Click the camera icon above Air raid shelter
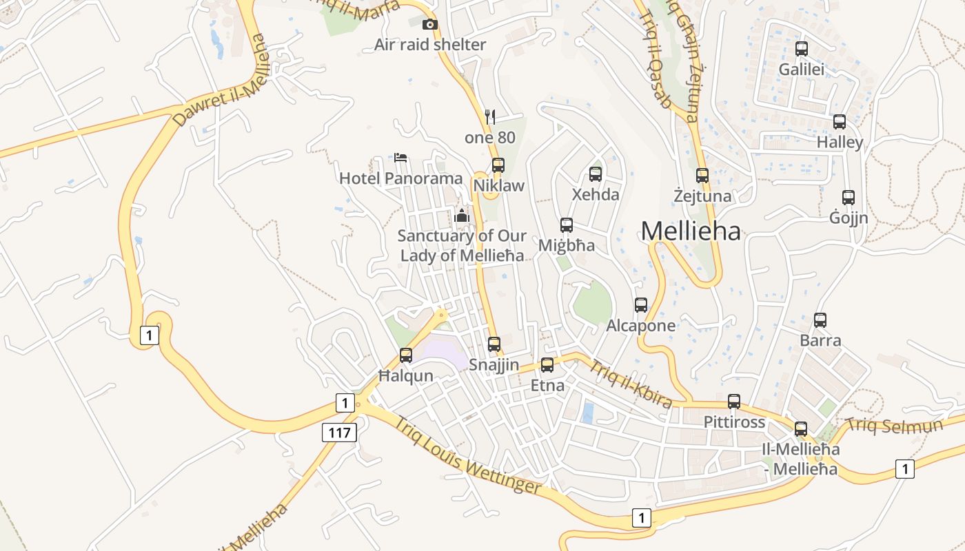[430, 25]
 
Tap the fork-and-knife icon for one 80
[490, 116]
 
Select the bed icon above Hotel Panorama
[400, 157]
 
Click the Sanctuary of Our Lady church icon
[462, 216]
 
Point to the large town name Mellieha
[691, 231]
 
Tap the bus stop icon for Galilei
[801, 49]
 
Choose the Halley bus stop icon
[840, 122]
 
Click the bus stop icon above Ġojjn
[849, 198]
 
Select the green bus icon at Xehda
[596, 174]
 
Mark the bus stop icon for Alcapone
[641, 304]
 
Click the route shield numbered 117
[339, 433]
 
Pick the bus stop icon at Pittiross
[734, 402]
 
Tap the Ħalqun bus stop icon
[406, 355]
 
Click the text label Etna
[547, 386]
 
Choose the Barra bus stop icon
[820, 320]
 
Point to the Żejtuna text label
[702, 196]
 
